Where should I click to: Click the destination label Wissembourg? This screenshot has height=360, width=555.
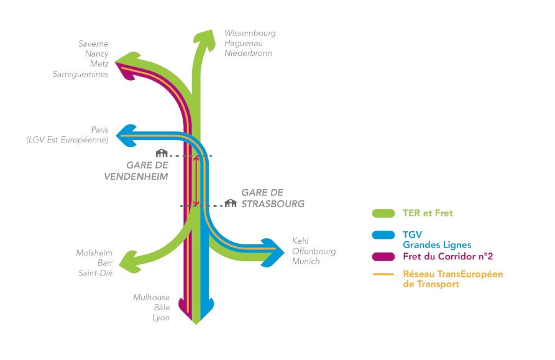click(x=250, y=33)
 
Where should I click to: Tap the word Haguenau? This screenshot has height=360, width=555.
click(x=244, y=43)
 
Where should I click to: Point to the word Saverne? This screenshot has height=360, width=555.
click(x=93, y=44)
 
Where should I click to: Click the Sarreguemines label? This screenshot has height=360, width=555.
click(x=81, y=74)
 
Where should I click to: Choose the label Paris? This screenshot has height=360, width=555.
click(x=99, y=130)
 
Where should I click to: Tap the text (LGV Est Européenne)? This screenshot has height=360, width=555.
click(x=67, y=140)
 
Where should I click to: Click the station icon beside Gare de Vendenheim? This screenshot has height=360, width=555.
click(x=162, y=153)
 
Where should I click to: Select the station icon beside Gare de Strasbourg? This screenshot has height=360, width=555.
click(x=231, y=203)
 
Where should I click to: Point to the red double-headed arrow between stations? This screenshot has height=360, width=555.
click(x=196, y=180)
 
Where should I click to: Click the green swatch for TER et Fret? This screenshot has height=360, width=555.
click(x=383, y=213)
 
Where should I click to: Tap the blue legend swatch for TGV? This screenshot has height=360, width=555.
click(x=383, y=234)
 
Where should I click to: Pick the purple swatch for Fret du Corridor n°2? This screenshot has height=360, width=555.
click(x=383, y=256)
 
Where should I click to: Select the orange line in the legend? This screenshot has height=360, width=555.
click(x=383, y=274)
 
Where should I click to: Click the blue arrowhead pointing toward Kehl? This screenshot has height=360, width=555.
click(x=273, y=249)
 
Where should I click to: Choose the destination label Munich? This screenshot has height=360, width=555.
click(x=306, y=261)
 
